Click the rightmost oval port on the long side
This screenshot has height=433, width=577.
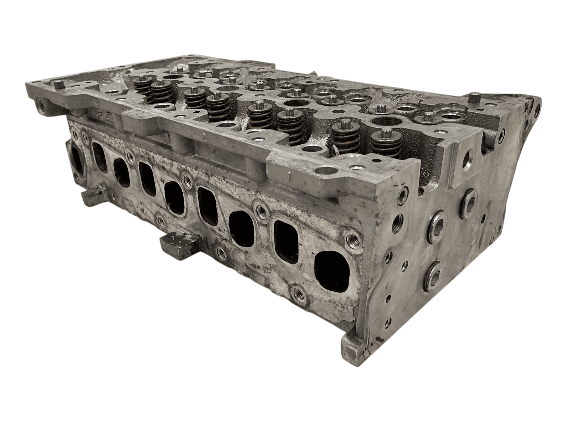click(331, 270)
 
